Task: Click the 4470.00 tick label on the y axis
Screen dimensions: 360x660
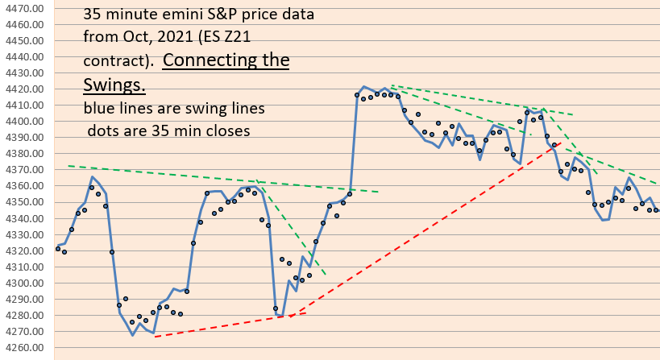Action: pyautogui.click(x=27, y=8)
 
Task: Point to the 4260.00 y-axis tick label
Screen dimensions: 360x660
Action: pyautogui.click(x=27, y=348)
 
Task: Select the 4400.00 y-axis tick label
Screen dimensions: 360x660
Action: pyautogui.click(x=27, y=122)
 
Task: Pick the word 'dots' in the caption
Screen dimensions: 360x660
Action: pyautogui.click(x=103, y=129)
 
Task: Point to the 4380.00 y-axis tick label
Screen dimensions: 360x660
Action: pyautogui.click(x=27, y=154)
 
